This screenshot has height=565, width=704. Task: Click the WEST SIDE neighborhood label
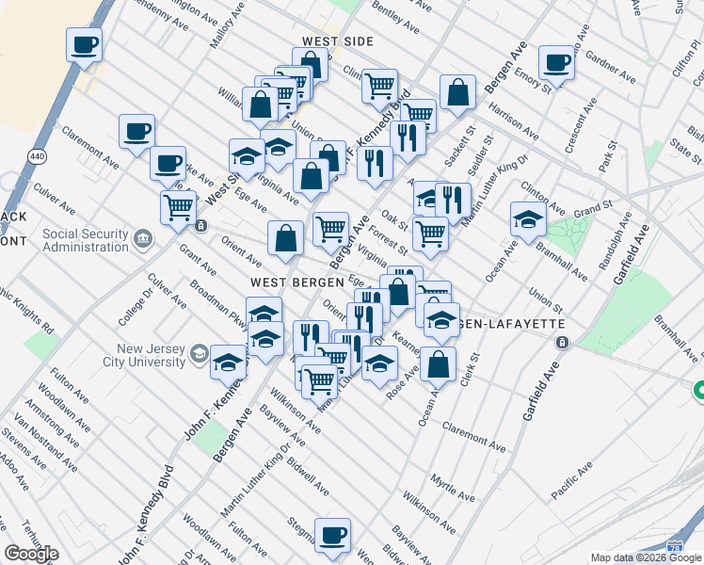click(338, 42)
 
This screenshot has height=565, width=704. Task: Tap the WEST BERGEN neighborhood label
click(287, 282)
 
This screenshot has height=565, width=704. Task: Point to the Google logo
click(31, 554)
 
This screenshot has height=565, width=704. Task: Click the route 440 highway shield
click(36, 158)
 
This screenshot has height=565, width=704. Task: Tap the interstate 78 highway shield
click(673, 545)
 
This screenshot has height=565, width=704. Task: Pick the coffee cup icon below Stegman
click(332, 536)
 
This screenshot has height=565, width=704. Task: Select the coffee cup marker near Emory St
click(556, 63)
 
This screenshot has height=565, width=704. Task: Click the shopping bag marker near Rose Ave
click(438, 363)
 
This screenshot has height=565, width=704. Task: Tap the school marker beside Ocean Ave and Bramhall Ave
click(529, 220)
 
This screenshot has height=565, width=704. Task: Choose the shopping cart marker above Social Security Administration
click(178, 206)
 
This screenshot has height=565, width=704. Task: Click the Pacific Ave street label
click(571, 479)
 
